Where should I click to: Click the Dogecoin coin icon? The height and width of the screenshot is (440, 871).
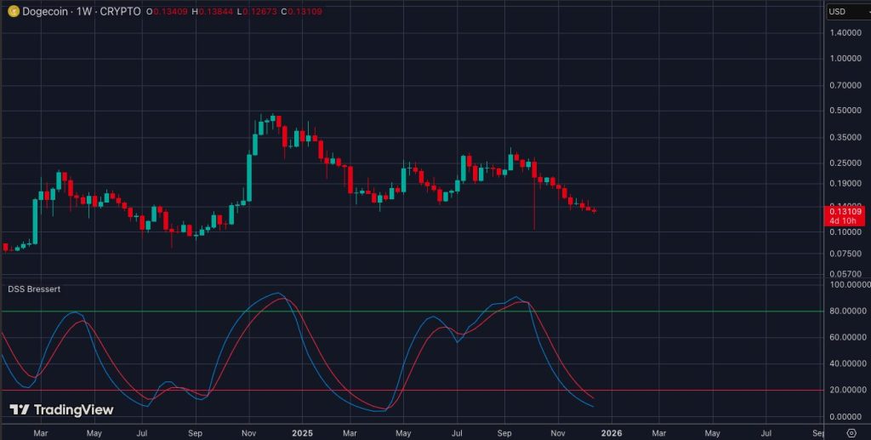tap(14, 11)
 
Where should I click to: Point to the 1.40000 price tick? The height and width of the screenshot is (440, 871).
tap(846, 32)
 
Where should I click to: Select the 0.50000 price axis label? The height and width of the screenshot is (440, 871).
tap(846, 111)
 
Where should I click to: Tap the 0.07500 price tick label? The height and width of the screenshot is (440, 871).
tap(846, 254)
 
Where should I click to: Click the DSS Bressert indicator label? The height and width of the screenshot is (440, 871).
tap(34, 289)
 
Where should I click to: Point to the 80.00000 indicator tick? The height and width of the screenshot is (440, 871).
tap(847, 311)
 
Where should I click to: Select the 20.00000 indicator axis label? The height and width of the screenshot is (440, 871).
tap(847, 390)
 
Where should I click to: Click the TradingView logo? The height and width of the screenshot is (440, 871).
tap(61, 410)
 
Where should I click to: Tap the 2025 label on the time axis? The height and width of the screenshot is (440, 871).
tap(303, 432)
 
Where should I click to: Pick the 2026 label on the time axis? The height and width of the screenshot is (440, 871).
tap(612, 432)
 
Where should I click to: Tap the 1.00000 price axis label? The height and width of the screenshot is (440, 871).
tap(846, 59)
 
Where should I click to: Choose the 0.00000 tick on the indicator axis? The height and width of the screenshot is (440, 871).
tap(847, 416)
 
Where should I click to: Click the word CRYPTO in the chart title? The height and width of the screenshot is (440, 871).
tap(119, 12)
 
